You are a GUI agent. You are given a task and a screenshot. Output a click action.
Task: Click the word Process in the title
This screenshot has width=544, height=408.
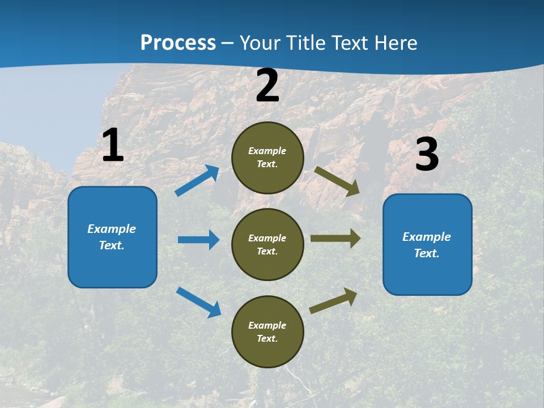178,42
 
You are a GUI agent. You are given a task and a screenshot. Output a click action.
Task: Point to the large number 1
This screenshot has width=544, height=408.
113,145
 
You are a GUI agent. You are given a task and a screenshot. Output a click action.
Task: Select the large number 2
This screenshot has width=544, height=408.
267,86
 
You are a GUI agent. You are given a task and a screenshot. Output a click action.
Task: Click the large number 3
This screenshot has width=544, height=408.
427,154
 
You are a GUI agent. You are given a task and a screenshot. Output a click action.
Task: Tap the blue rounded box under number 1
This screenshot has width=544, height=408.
112,237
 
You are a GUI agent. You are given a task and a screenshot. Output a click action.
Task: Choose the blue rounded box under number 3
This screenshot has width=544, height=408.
427,244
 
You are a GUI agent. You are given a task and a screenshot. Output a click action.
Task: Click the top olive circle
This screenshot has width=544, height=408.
267,158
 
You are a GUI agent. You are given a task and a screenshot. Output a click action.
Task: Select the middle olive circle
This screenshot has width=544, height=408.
267,244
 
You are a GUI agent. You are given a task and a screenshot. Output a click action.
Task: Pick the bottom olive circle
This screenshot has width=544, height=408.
267,331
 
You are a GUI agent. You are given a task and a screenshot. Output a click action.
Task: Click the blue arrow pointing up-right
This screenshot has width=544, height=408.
197,181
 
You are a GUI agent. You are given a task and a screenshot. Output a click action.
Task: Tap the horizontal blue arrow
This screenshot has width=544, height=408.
198,240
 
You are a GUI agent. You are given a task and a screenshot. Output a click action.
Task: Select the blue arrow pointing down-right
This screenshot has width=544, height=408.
198,302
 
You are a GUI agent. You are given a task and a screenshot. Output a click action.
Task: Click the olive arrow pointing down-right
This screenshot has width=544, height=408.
337,181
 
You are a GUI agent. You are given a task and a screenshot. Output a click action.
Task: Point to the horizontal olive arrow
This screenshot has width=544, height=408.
335,239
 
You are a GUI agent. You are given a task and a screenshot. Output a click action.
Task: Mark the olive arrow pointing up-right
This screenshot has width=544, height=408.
333,300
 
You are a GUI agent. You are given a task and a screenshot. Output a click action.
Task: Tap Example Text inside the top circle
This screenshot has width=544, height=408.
267,158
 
